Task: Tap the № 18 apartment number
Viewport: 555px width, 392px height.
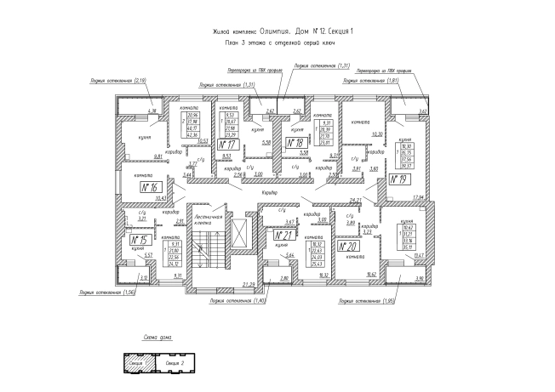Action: [x=298, y=144]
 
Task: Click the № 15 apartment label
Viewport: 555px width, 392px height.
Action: [x=138, y=241]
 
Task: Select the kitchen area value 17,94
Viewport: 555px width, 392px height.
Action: [x=419, y=196]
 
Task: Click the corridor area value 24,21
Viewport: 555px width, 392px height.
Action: [x=333, y=200]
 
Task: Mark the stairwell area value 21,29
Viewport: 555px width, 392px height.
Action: [x=249, y=284]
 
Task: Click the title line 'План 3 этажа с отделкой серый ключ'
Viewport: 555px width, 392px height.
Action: [x=276, y=41]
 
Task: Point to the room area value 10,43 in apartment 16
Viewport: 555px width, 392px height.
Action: [x=162, y=196]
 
